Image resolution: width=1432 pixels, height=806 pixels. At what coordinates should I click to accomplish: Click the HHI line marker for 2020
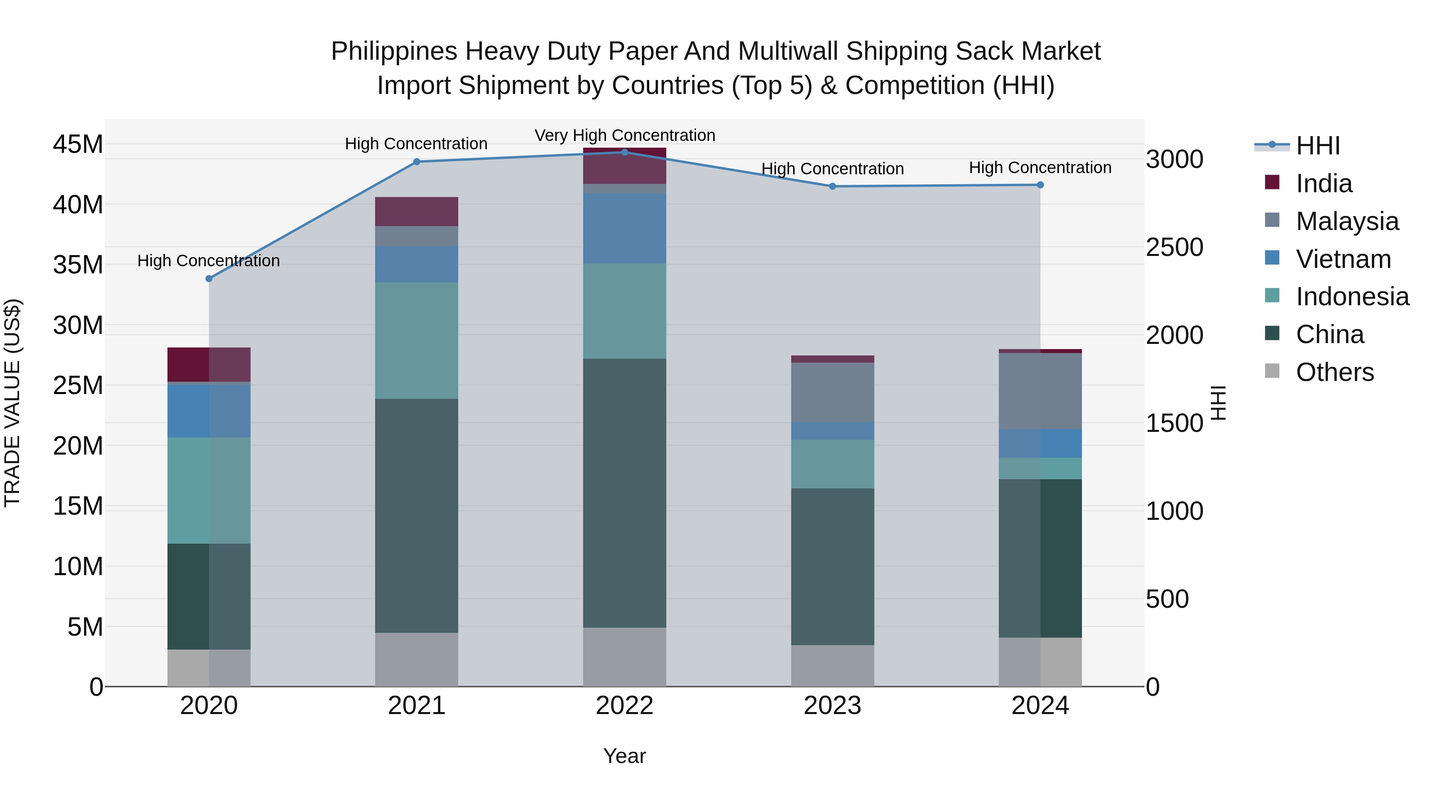tap(209, 279)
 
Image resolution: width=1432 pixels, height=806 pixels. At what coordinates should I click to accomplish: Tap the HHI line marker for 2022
tap(624, 152)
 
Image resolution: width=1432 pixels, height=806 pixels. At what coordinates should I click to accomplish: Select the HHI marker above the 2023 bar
tap(832, 186)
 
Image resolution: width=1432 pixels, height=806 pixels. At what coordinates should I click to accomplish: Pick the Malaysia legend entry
tap(1346, 221)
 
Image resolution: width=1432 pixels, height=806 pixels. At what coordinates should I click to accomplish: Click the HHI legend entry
tap(1317, 146)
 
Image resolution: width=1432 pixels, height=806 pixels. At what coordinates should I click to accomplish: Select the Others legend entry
tap(1334, 372)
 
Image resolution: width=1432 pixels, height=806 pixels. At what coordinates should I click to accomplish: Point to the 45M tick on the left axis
tap(78, 144)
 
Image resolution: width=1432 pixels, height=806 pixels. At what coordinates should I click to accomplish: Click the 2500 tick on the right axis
tap(1174, 248)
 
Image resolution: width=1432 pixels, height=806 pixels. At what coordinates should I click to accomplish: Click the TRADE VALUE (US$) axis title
tap(12, 403)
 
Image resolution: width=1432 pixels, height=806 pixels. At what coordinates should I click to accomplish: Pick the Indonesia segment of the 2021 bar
tap(416, 340)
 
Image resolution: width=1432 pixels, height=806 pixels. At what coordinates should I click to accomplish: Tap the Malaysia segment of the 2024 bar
tap(1040, 391)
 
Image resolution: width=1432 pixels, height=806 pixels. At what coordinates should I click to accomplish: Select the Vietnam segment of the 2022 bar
tap(624, 228)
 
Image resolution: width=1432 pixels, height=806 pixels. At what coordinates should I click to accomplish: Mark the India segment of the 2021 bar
tap(416, 211)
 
